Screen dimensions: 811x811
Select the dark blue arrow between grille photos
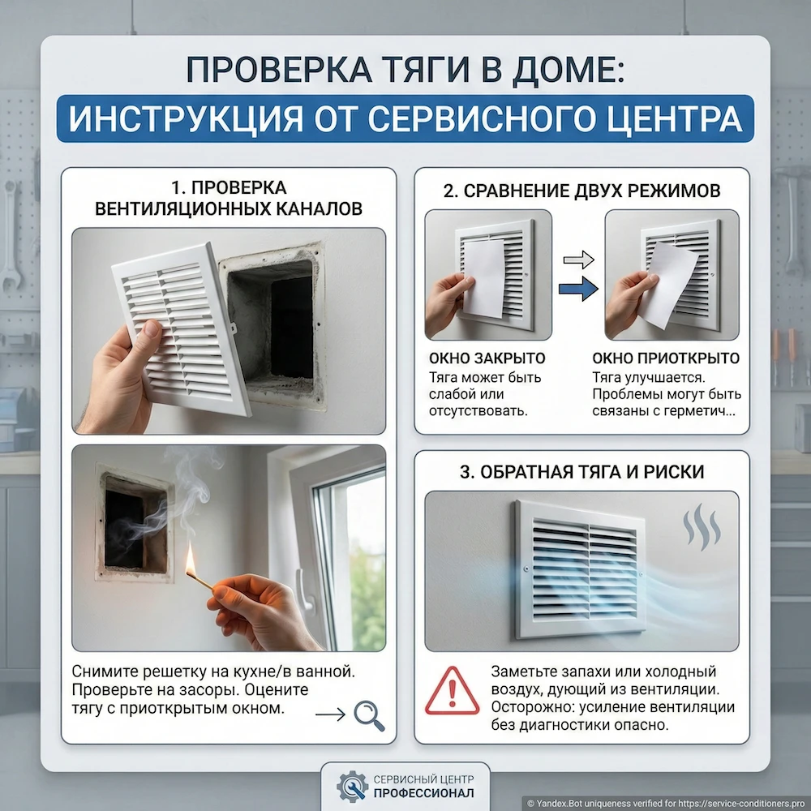point(578,288)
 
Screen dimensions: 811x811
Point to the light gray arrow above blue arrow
point(578,260)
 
